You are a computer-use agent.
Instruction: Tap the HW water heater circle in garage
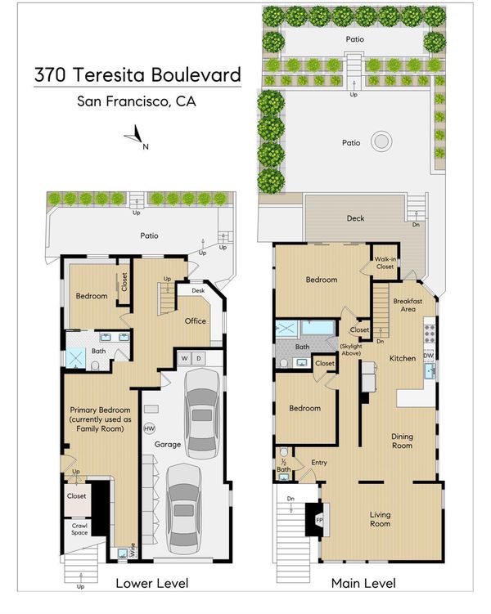149,428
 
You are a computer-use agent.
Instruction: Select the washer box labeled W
184,358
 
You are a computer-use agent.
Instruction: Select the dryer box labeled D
198,358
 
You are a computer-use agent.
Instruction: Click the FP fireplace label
319,520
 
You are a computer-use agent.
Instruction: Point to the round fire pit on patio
381,141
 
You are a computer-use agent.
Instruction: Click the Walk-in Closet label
385,262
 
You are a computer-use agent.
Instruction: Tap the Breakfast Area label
408,305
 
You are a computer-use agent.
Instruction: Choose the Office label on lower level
195,321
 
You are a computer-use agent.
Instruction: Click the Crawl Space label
79,529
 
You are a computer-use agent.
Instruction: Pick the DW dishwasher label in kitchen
428,356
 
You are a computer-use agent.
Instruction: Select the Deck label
355,218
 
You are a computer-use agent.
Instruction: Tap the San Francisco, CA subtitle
137,101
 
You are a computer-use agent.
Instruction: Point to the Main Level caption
363,584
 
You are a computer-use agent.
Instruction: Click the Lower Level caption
152,584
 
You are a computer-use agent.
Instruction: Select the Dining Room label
402,441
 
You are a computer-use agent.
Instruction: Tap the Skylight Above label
351,350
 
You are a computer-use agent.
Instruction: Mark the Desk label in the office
198,290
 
